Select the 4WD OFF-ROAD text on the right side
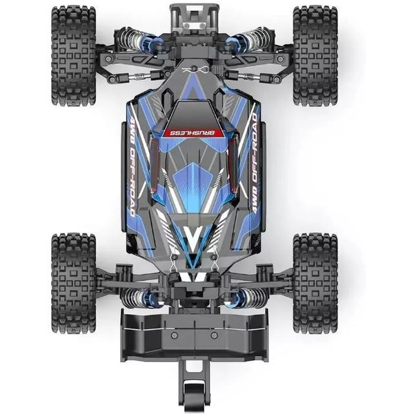tap(254, 164)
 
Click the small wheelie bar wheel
tap(195, 398)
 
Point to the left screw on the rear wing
tap(173, 335)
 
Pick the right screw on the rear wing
tap(214, 335)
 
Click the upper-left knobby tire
tap(74, 56)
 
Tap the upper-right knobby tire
tap(315, 56)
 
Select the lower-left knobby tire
tap(74, 283)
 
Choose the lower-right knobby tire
tap(315, 283)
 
